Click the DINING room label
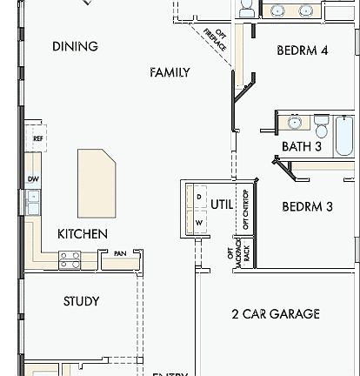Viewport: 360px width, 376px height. [75, 46]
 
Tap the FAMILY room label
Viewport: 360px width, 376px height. [170, 72]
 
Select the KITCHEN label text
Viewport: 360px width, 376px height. [83, 233]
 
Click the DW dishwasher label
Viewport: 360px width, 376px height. [33, 179]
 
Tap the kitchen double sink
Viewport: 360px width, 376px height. [33, 203]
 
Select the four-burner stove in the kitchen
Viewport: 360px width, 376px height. [70, 258]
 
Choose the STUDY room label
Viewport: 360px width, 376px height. [81, 301]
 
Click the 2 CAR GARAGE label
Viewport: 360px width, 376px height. [275, 313]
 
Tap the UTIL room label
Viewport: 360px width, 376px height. [222, 205]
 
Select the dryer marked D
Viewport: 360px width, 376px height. [198, 198]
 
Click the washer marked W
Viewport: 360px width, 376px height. [198, 223]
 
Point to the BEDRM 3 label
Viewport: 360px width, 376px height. [307, 207]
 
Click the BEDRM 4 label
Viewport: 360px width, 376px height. [302, 50]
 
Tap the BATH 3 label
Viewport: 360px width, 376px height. [301, 147]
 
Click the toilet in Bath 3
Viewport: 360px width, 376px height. [321, 128]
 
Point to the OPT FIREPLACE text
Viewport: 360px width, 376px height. [215, 40]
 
